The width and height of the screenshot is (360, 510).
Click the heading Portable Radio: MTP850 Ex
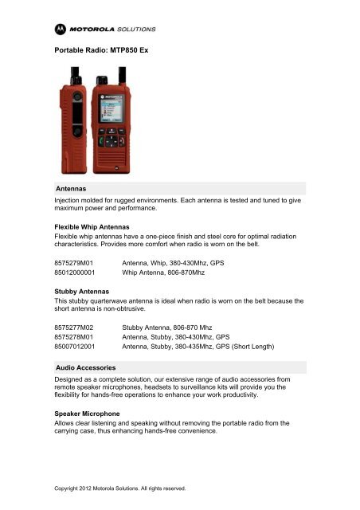pyautogui.click(x=101, y=51)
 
